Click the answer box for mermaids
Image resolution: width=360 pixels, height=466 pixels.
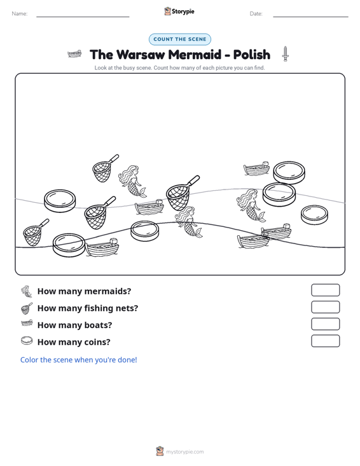(325, 290)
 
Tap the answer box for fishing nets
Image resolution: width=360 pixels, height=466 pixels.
(325, 307)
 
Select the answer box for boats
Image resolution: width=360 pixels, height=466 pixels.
(325, 324)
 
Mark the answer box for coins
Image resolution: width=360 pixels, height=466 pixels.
(325, 341)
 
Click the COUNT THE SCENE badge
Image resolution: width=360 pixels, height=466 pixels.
(180, 39)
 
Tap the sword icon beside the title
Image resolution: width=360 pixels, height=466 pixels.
(286, 54)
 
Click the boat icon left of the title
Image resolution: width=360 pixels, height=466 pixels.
(74, 54)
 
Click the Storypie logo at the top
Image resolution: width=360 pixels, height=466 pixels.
(179, 11)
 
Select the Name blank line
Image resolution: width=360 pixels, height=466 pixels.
(83, 17)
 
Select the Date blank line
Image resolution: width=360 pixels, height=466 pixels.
(310, 17)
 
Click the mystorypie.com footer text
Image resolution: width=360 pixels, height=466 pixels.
(184, 452)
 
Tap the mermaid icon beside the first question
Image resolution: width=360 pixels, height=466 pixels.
(27, 291)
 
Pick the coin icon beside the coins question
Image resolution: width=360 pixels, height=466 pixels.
(27, 341)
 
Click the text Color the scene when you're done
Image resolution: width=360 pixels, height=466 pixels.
(78, 360)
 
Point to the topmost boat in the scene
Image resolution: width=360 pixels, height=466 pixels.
(256, 168)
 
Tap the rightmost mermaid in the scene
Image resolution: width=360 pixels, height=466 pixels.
(251, 205)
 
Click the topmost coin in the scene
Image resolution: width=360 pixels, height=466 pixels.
(289, 172)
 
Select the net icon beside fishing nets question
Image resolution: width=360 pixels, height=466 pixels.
(27, 308)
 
